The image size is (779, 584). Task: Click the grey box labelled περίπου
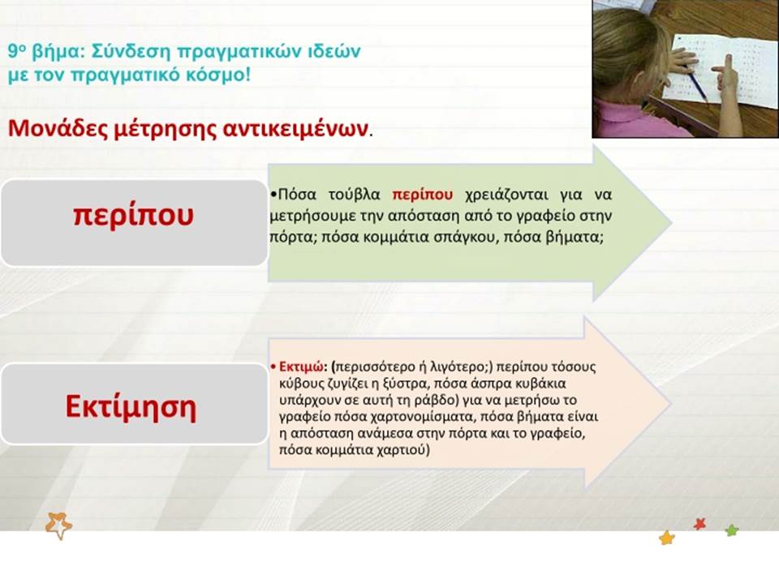point(134,223)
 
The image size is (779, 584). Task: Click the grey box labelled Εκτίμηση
point(134,404)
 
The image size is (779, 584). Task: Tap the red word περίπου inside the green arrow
point(422,195)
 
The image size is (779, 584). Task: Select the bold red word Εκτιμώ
point(301,367)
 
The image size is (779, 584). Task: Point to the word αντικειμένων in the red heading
point(295,129)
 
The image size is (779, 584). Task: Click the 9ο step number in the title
point(16,51)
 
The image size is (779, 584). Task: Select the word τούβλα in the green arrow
point(355,195)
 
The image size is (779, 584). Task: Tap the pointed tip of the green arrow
point(672,223)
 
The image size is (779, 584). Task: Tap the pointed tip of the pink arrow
point(671,403)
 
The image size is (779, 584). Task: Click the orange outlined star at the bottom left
point(58,526)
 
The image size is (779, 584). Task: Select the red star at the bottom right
point(699,524)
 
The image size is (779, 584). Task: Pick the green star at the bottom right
point(731,530)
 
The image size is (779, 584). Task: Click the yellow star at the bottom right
point(667,537)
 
